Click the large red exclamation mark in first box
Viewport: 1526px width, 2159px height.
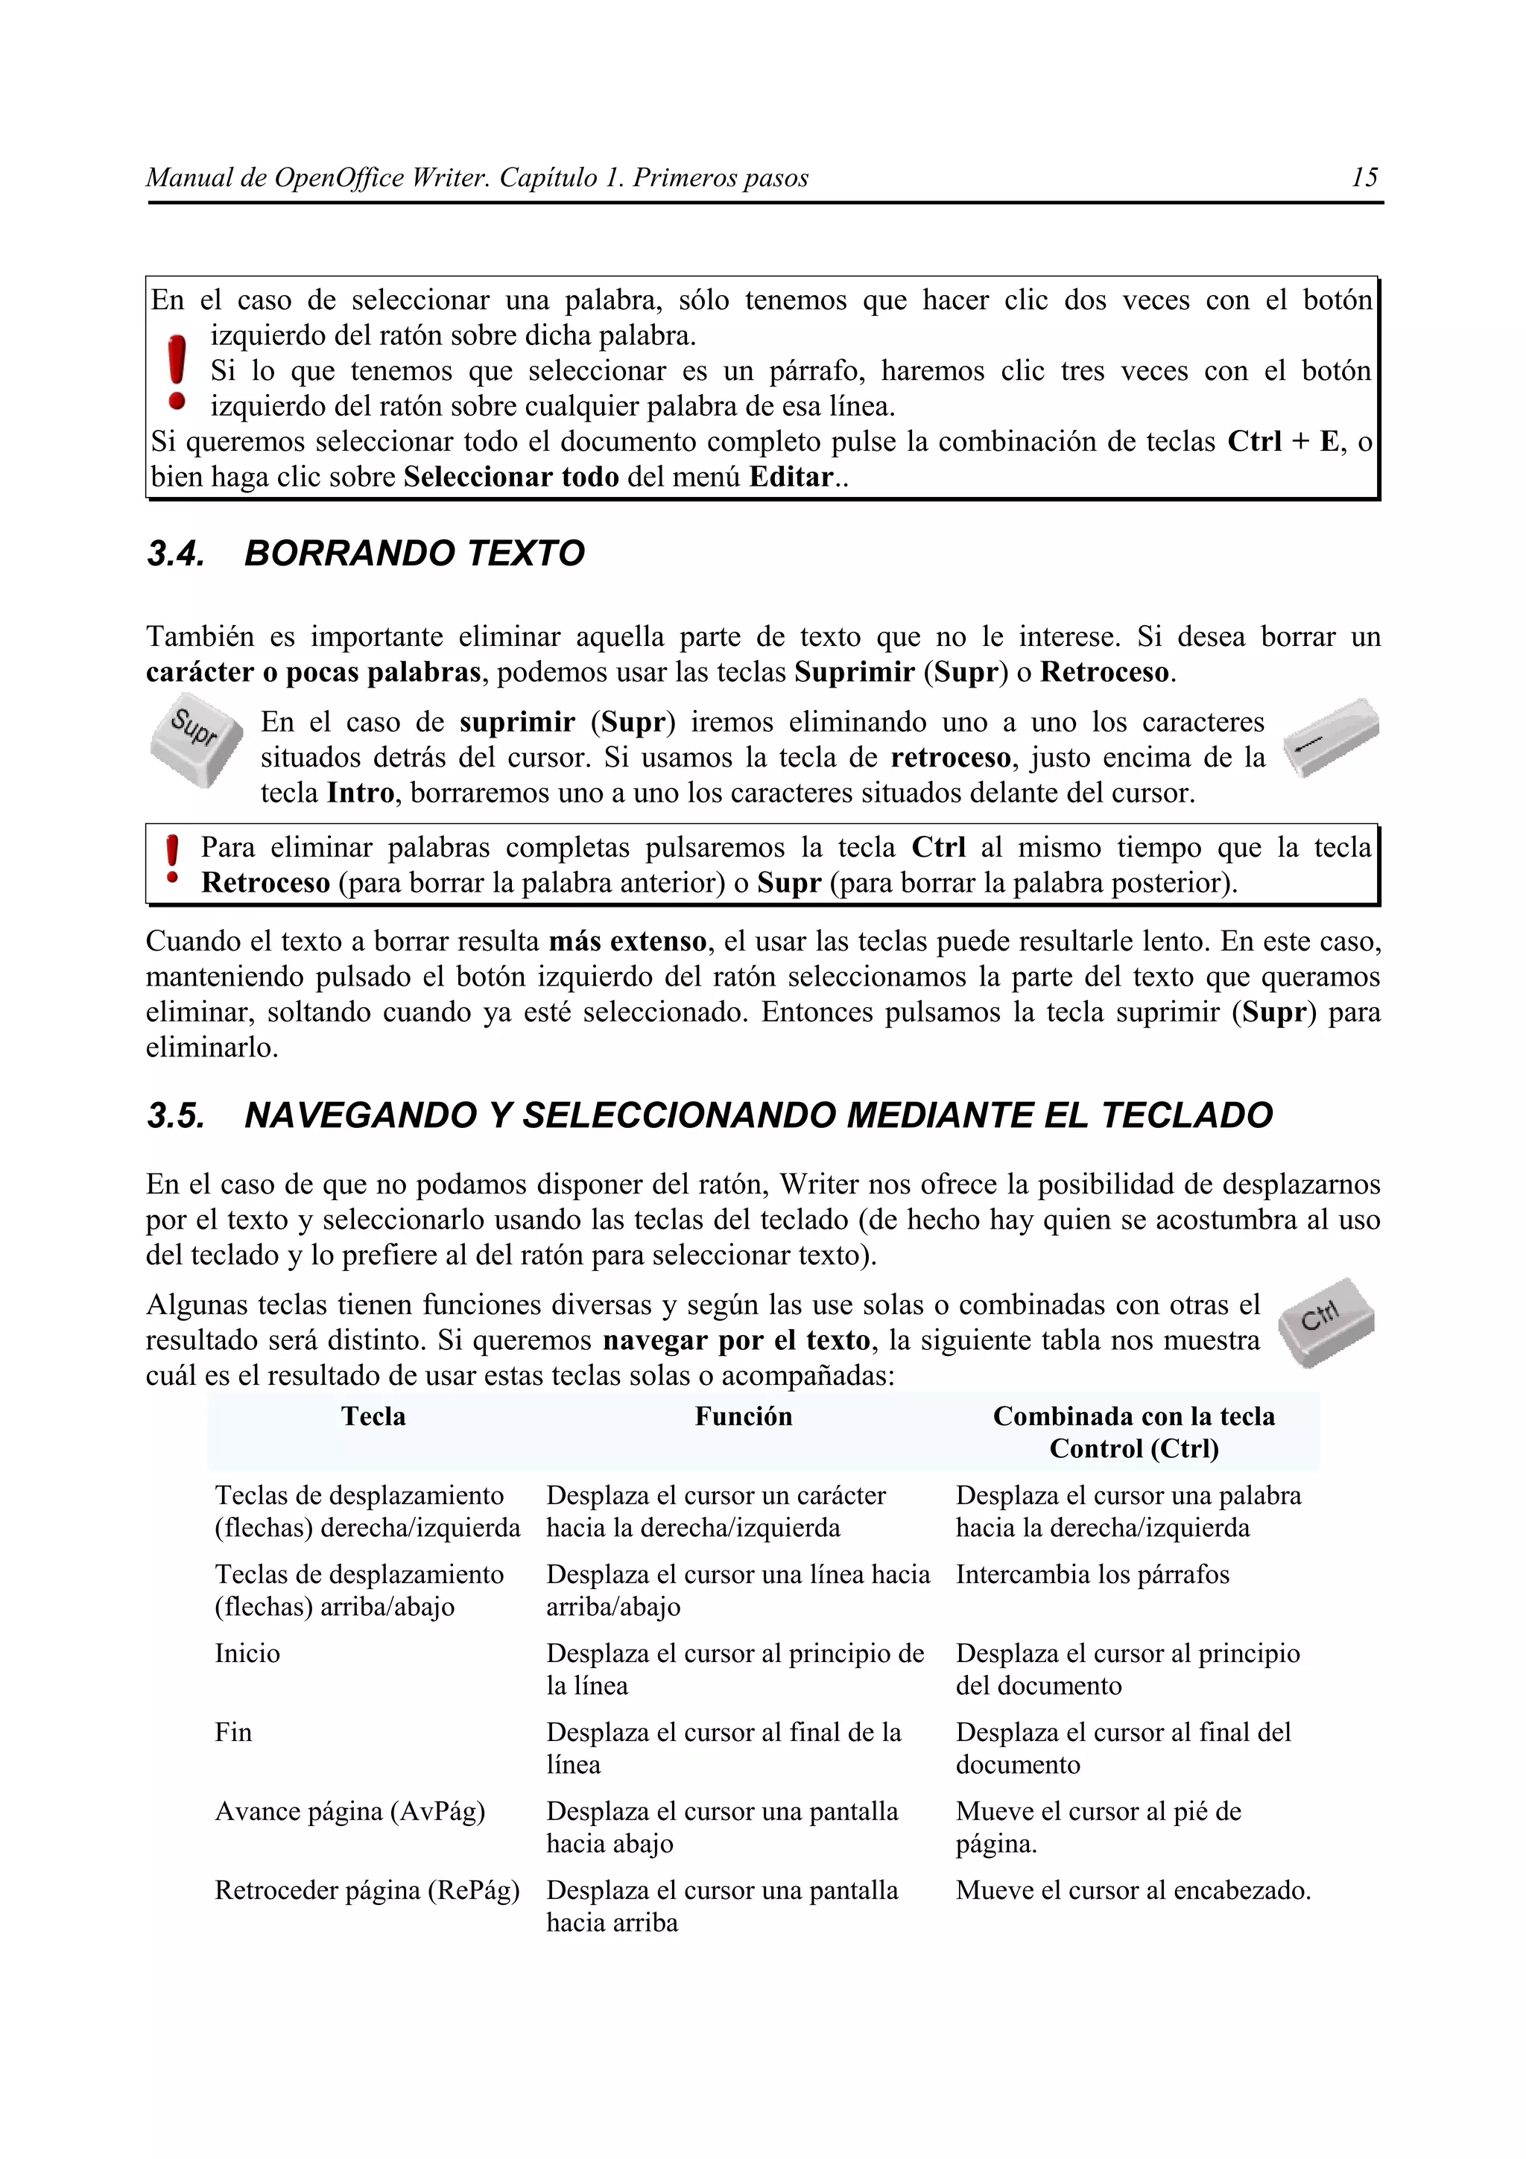point(176,373)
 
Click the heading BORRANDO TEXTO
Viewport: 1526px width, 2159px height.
point(414,553)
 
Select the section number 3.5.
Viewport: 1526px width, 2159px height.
point(176,1115)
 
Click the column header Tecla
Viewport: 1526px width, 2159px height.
point(373,1416)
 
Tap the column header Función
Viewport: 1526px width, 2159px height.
point(743,1416)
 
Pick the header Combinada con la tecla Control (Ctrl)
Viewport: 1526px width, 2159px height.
point(1133,1431)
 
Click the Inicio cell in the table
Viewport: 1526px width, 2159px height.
point(247,1653)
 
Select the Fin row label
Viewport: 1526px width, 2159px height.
point(233,1732)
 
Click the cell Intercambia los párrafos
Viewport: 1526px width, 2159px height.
point(1092,1574)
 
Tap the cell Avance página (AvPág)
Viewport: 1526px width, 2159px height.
point(349,1811)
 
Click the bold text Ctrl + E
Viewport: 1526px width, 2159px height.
point(1282,442)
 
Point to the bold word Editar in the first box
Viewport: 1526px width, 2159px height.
point(791,478)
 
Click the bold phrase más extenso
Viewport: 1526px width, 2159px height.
point(627,941)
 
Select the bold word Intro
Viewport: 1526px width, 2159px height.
point(360,793)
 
